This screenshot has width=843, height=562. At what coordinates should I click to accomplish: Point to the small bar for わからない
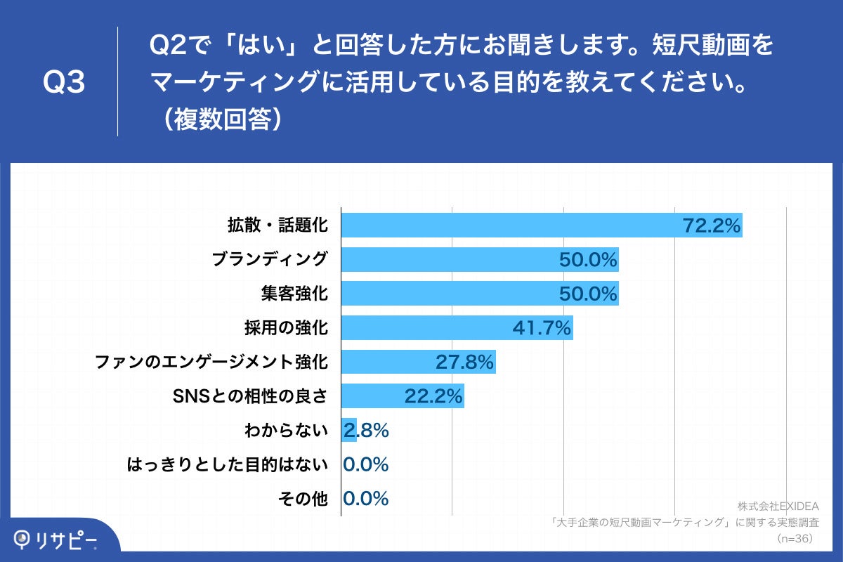point(348,430)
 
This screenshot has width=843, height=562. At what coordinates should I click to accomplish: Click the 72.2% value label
point(712,226)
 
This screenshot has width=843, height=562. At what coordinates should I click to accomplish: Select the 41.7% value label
point(542,328)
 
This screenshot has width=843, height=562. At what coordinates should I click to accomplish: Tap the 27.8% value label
point(465,362)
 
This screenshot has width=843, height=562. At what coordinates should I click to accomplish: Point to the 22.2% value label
point(433,397)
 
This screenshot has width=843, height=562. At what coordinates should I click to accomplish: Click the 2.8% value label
point(367,431)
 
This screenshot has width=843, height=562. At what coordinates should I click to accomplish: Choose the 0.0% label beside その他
point(366,499)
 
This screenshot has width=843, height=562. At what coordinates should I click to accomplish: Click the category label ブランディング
point(270,260)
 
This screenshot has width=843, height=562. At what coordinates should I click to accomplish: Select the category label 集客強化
point(294,294)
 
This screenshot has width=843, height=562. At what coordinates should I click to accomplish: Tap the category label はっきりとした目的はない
point(228,464)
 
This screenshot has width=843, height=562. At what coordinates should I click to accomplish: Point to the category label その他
point(303,499)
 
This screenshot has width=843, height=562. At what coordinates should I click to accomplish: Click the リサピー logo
point(56,539)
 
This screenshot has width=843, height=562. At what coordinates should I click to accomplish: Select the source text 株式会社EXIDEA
point(778,506)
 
